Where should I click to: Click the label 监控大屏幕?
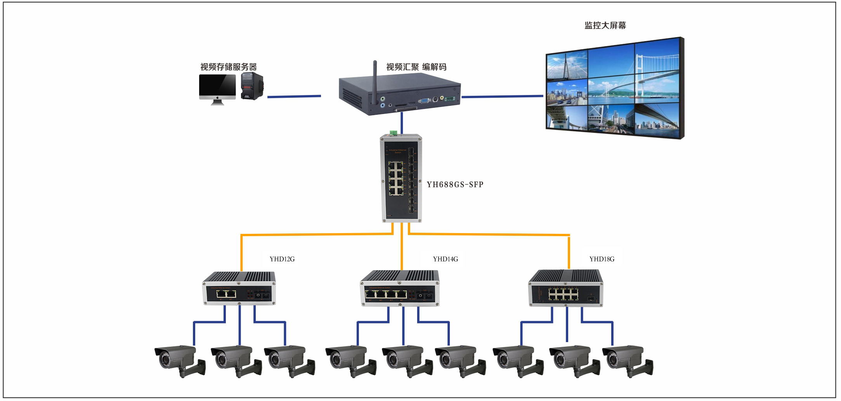click(605, 26)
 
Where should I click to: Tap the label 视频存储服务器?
click(228, 67)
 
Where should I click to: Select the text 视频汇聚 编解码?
click(416, 67)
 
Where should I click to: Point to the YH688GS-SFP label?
click(455, 185)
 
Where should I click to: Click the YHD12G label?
click(282, 259)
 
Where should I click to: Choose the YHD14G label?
click(446, 259)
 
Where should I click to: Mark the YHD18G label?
click(602, 259)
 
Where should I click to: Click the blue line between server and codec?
click(294, 96)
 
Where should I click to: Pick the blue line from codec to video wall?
click(502, 96)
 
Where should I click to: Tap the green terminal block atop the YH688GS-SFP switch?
click(393, 133)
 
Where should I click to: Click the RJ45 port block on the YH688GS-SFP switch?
click(395, 178)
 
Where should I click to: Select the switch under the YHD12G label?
click(239, 289)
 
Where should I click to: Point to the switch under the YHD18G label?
click(566, 289)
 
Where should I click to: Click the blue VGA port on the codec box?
click(424, 100)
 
